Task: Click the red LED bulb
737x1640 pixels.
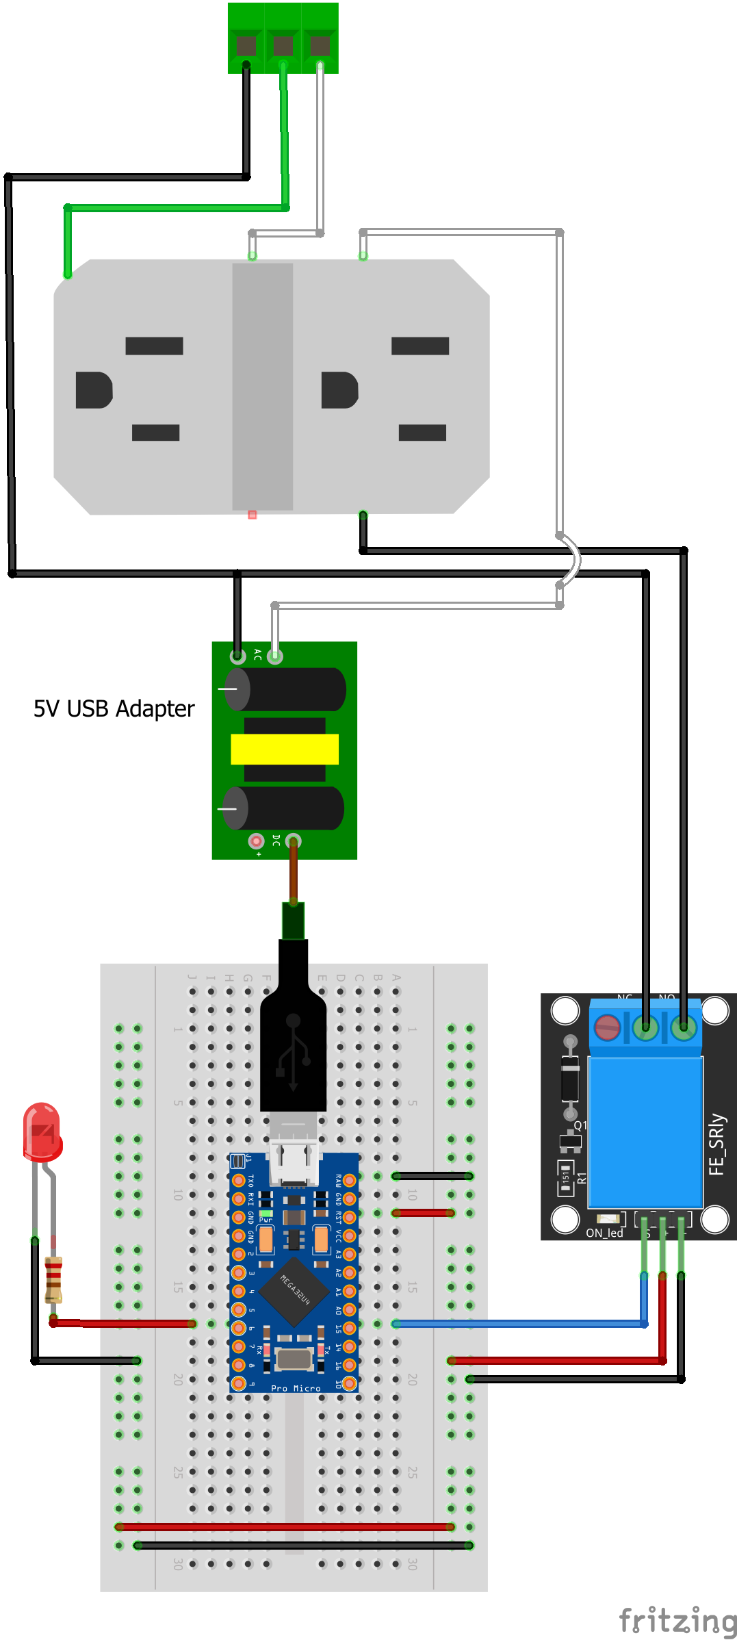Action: pos(42,1132)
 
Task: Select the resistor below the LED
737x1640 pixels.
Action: pos(53,1279)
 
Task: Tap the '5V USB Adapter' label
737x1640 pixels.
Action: pos(114,708)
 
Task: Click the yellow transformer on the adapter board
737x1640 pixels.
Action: pos(285,749)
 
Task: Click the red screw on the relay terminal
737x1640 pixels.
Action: pos(607,1027)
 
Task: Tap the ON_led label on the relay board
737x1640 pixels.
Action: pos(604,1233)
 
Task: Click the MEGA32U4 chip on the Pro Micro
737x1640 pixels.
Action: pos(294,1290)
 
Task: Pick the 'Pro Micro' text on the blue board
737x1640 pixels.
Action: pos(296,1388)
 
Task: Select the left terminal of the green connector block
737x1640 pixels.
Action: pos(246,45)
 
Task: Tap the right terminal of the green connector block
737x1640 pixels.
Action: pos(320,45)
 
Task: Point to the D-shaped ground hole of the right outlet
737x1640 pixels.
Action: pos(339,390)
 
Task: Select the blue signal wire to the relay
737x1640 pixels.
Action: pos(520,1324)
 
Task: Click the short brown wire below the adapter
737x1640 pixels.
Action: pos(294,872)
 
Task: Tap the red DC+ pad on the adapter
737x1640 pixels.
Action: pos(256,841)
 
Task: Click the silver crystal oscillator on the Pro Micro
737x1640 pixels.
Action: pos(294,1359)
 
